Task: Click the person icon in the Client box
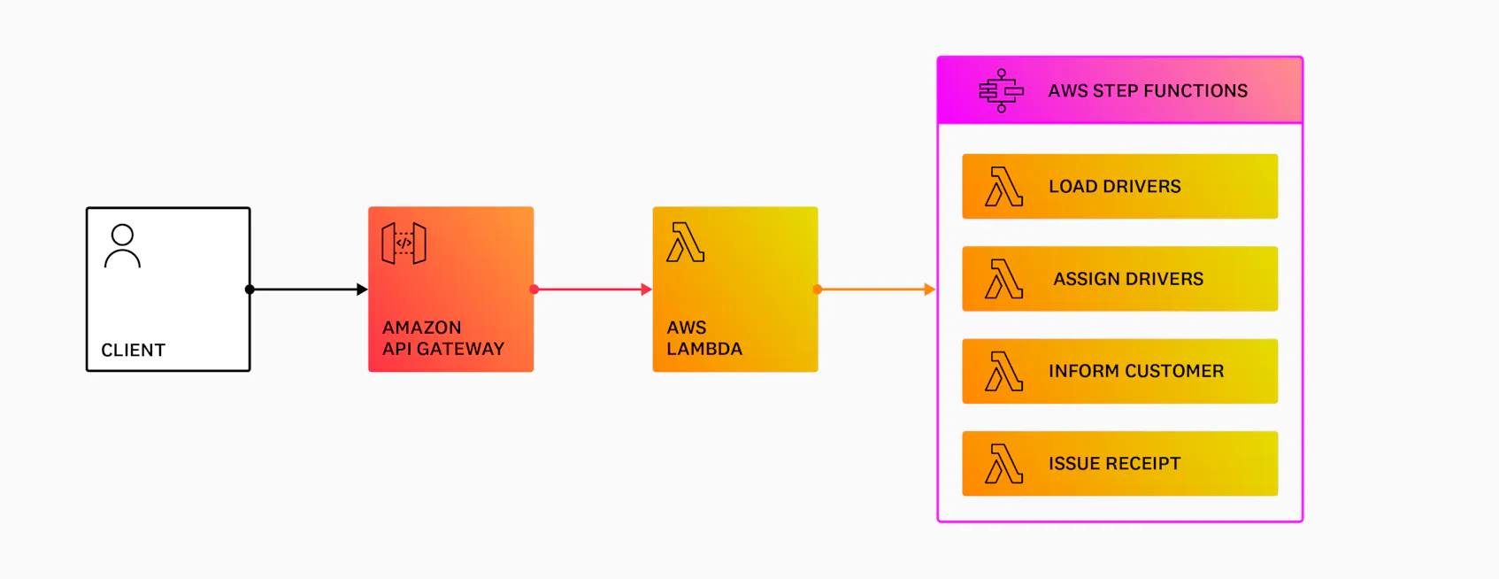click(122, 246)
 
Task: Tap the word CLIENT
click(133, 350)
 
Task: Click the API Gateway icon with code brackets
click(404, 243)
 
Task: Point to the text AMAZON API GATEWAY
click(442, 338)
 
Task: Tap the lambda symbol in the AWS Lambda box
click(685, 243)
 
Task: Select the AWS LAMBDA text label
click(703, 338)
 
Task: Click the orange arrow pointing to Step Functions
click(876, 289)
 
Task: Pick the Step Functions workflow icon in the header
click(1001, 90)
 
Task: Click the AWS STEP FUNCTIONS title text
click(1148, 91)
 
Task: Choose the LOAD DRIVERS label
click(1114, 187)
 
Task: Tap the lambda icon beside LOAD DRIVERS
click(1003, 187)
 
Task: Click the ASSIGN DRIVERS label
click(1128, 279)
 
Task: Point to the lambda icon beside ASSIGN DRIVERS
click(1003, 279)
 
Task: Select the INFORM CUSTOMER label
click(1136, 371)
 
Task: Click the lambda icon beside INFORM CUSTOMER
click(1003, 372)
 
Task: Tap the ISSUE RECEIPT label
click(1114, 464)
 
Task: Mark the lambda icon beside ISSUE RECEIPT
click(1003, 464)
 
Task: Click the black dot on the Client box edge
click(250, 289)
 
